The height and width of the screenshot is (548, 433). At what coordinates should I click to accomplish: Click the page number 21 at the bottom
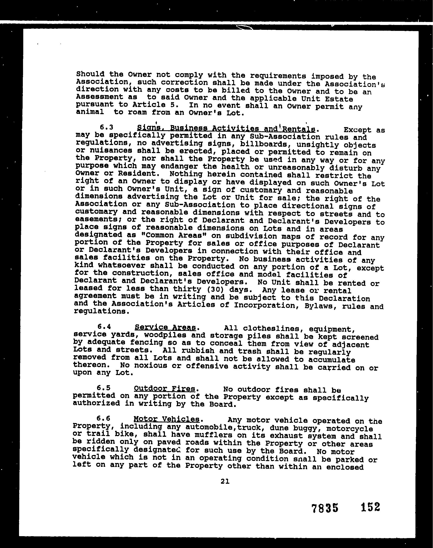coord(225,481)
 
